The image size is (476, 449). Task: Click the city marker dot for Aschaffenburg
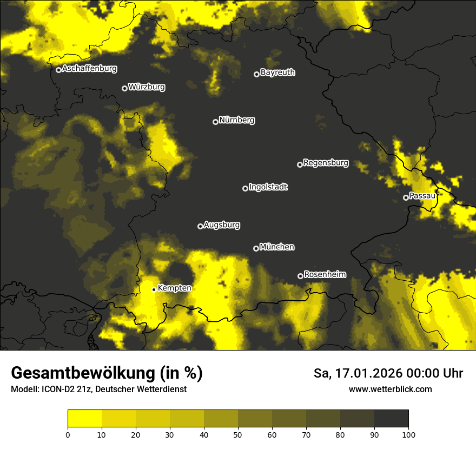pos(58,70)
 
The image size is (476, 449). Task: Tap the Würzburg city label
pos(147,87)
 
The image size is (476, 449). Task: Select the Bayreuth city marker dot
pos(256,74)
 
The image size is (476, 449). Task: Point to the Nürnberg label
pos(237,120)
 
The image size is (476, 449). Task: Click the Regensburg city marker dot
pos(300,164)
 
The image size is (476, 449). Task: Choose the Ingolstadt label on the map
pos(268,187)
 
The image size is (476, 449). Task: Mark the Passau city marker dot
pos(406,197)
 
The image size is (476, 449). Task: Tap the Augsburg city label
pos(222,225)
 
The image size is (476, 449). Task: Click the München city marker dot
pos(256,248)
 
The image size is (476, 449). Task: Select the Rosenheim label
pos(325,274)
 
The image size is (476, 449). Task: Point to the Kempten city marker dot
pos(154,289)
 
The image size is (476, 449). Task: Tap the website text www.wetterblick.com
pos(391,389)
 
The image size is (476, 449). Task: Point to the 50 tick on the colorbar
pos(238,434)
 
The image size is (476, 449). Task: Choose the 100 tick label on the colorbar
pos(408,434)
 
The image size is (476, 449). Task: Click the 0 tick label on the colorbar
pos(68,434)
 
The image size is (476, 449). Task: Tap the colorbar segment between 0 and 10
pos(84,419)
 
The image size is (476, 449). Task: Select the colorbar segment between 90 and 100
pos(391,419)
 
